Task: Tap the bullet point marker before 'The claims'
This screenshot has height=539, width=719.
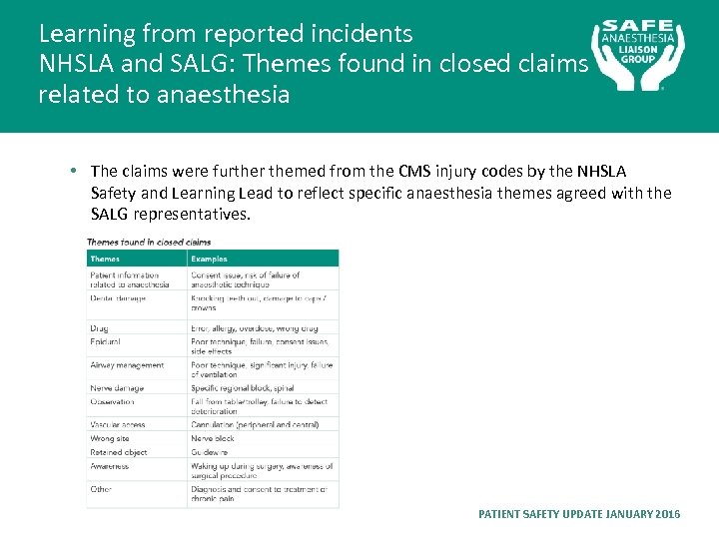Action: [x=76, y=172]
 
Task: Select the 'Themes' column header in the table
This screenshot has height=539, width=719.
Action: [x=105, y=259]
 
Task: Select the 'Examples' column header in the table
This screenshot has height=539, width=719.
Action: [x=210, y=259]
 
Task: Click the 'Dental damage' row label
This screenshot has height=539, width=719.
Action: [x=118, y=297]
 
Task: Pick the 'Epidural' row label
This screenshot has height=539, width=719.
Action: [x=106, y=342]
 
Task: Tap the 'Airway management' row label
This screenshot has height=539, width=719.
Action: [x=127, y=365]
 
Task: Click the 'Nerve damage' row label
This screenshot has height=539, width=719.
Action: [x=117, y=388]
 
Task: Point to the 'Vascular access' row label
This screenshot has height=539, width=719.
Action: [x=118, y=425]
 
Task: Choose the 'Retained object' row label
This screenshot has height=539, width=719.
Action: [x=118, y=452]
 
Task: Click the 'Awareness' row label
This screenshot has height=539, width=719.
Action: [x=110, y=466]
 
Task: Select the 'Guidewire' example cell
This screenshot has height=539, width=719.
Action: [x=211, y=452]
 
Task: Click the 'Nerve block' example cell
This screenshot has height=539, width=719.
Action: [x=213, y=438]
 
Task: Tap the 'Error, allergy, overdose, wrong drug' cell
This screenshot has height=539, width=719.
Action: [x=255, y=328]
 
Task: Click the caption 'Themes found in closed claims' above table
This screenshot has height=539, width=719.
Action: [x=149, y=242]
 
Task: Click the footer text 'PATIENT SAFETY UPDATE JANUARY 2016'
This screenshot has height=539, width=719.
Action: [x=579, y=514]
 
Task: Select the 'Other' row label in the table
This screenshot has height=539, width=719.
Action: [x=101, y=489]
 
